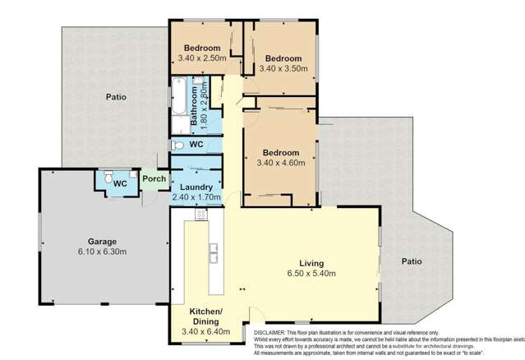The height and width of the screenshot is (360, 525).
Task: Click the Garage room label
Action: (x=90, y=241)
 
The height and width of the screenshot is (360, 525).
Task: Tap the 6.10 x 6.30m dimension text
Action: (x=90, y=252)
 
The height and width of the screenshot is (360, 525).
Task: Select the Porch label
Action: (x=154, y=178)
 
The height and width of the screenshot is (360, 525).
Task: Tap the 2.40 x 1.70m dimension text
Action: (x=196, y=197)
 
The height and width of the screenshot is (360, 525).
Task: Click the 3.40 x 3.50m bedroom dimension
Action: (x=283, y=69)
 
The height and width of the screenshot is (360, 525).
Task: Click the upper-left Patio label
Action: (x=116, y=97)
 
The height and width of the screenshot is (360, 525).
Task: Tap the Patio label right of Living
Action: (x=411, y=261)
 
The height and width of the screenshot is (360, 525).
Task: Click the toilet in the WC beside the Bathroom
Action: (x=177, y=145)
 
